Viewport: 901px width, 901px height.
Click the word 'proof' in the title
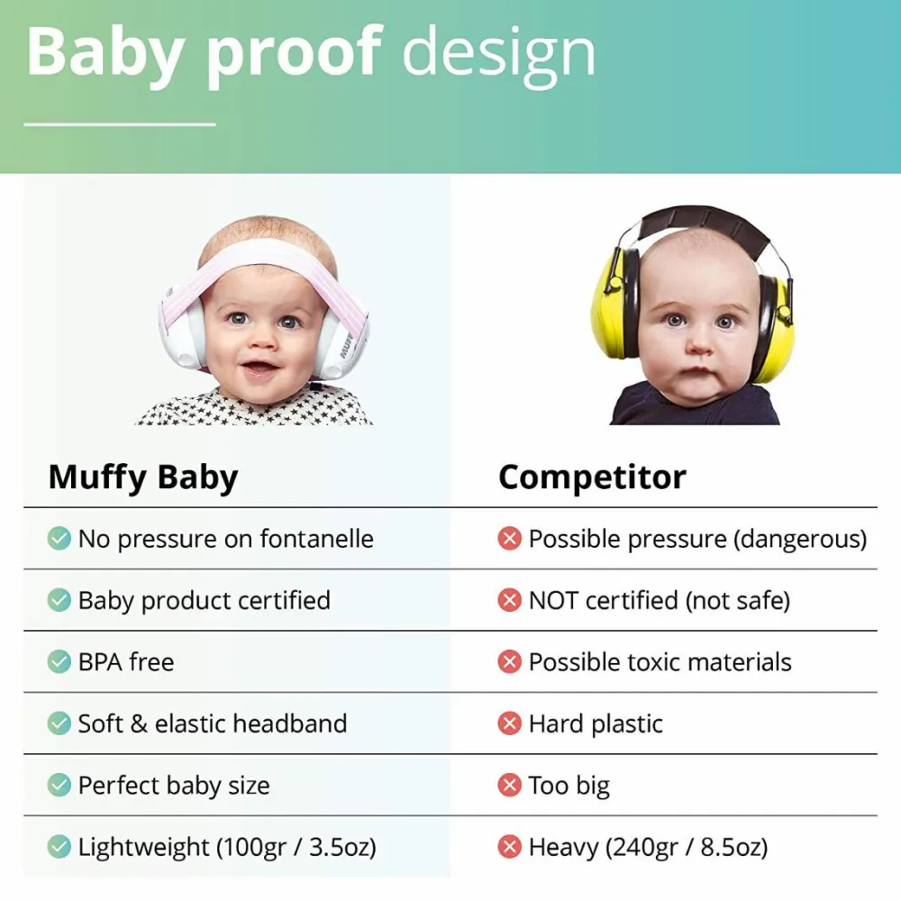(294, 55)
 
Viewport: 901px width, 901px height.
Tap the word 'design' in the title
(499, 56)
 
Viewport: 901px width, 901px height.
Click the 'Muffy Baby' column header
(143, 478)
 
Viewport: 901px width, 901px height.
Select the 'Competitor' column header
(593, 477)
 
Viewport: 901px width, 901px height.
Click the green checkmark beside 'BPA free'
(59, 661)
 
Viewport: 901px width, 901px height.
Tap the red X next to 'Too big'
(509, 785)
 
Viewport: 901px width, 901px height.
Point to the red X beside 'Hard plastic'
(509, 723)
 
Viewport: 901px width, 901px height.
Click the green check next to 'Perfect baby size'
(59, 785)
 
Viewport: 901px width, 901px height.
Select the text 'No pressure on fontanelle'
(226, 540)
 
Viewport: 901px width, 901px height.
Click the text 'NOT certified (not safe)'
(660, 600)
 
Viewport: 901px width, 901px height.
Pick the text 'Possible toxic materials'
(660, 662)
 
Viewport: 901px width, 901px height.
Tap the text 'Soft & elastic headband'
(213, 724)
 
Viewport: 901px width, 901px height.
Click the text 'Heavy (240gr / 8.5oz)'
(648, 847)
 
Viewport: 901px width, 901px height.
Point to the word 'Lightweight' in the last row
(143, 847)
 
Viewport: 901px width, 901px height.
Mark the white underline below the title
(120, 124)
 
